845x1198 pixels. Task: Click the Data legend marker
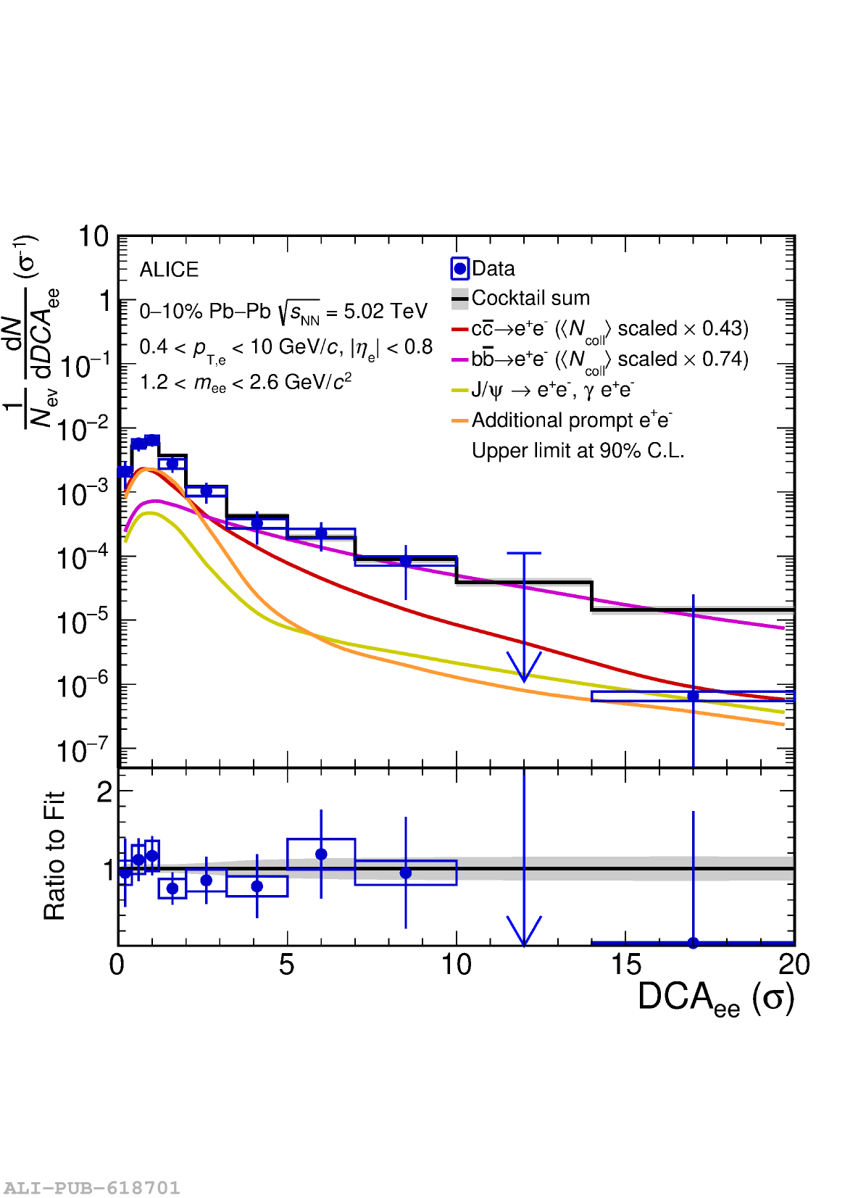coord(459,269)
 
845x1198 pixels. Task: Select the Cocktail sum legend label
coord(530,298)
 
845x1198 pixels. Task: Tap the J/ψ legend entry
coord(552,390)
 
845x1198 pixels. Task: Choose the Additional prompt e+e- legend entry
coord(571,420)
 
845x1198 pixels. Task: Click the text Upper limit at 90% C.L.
coord(578,451)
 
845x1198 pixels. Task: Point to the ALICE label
coord(169,270)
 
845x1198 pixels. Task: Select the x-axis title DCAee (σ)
coord(715,998)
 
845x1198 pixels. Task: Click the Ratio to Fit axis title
coord(55,856)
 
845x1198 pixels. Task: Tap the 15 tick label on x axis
coord(625,965)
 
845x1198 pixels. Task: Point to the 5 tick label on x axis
coord(287,965)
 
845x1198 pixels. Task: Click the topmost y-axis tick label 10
coord(93,237)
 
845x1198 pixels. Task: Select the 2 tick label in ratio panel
coord(104,792)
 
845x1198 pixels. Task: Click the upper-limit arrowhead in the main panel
coord(524,670)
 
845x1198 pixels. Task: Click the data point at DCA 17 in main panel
coord(693,696)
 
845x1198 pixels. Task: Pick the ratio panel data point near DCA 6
coord(321,854)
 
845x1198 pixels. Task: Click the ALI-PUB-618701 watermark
coord(91,1188)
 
